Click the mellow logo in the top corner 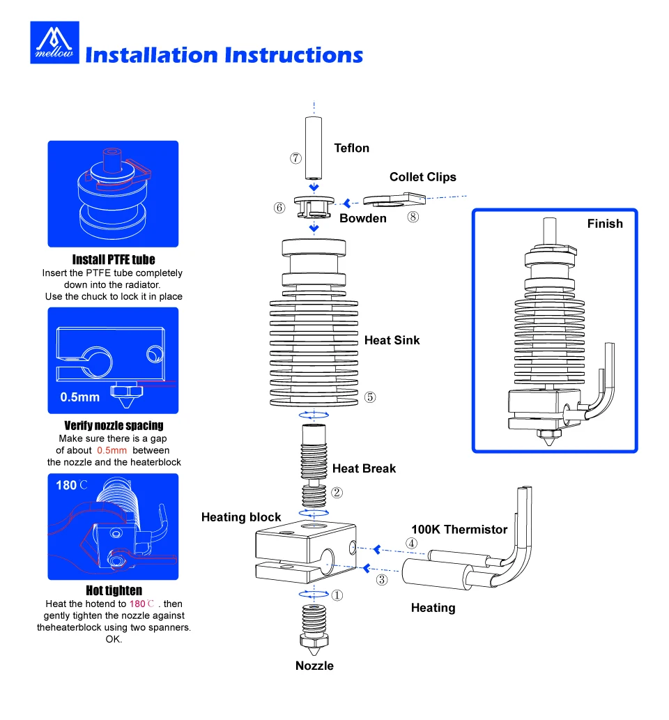tap(54, 43)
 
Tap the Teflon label tap(351, 148)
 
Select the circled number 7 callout tap(296, 158)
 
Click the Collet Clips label tap(422, 177)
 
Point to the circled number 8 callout tap(413, 217)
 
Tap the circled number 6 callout tap(279, 208)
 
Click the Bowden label tap(362, 219)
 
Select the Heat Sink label tap(392, 340)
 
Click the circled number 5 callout tap(370, 397)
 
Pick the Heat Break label tap(364, 468)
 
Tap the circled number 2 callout tap(337, 493)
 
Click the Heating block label tap(241, 517)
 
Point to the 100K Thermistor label tap(459, 530)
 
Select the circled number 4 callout tap(413, 543)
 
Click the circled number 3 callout tap(382, 579)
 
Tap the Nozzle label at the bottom tap(314, 666)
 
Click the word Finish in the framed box tap(604, 224)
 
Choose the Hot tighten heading tap(114, 591)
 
